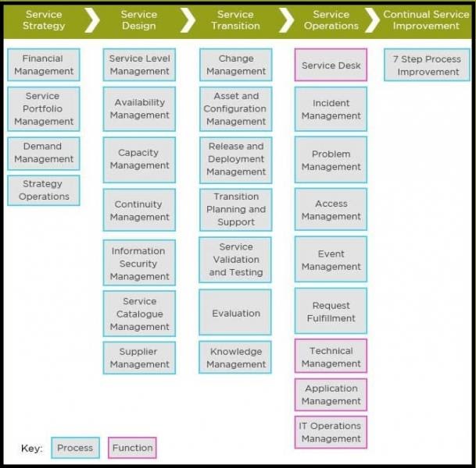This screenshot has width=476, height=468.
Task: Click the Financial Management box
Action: point(43,65)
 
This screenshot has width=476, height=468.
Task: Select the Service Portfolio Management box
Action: point(43,108)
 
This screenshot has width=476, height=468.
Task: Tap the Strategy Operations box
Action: point(43,190)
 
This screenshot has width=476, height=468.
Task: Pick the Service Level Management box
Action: point(139,65)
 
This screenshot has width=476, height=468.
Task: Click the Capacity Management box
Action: point(139,159)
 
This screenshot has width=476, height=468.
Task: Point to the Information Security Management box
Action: point(139,264)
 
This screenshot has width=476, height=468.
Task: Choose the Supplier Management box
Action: point(139,358)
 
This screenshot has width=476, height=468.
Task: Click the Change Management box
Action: point(236,65)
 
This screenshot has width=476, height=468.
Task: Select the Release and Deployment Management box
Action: point(236,159)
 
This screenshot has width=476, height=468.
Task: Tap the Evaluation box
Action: point(236,313)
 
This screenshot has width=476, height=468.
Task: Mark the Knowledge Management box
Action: point(236,358)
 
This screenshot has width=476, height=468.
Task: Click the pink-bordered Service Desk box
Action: point(331,66)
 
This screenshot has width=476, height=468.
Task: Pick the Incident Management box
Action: point(331,109)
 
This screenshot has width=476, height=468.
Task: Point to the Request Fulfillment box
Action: point(331,312)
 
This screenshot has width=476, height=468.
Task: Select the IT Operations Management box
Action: point(331,432)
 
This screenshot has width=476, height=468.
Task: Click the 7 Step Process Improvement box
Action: point(427,66)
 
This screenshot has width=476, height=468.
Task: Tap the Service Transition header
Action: point(235,20)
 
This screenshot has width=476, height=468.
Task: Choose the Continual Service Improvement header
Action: point(427,20)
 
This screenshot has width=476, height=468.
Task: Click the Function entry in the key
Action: point(132,448)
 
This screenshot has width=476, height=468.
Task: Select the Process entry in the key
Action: point(75,448)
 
